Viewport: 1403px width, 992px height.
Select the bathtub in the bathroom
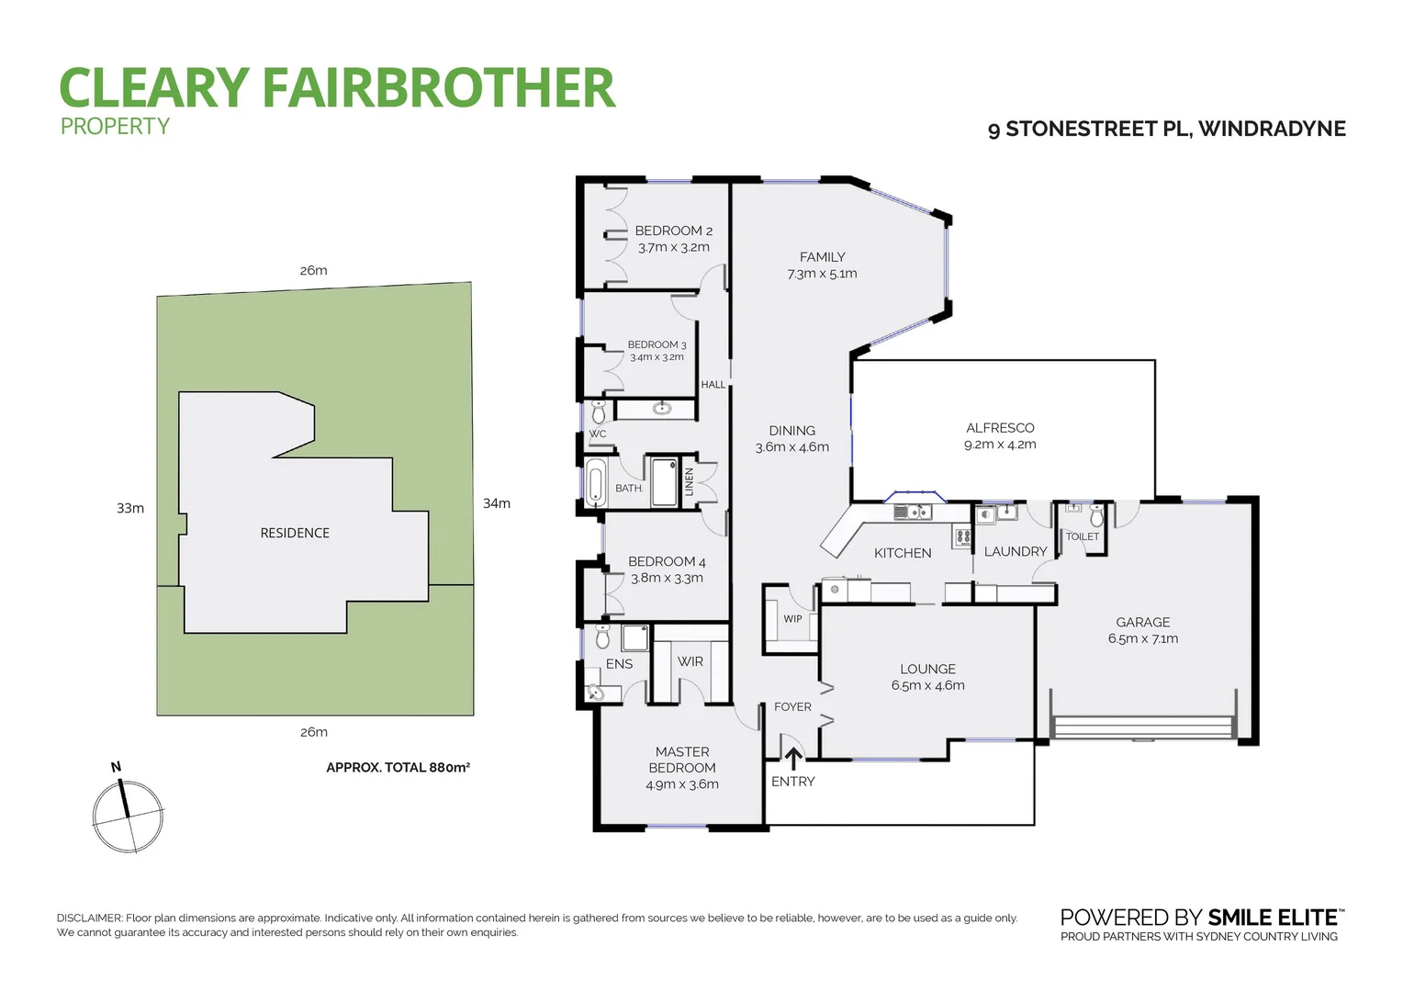596,482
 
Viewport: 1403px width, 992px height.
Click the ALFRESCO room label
1000,428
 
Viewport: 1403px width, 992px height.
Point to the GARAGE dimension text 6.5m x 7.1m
1142,638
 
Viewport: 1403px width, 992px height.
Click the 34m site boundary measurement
497,503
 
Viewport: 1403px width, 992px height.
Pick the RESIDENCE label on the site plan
295,533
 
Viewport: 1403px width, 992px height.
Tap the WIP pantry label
792,619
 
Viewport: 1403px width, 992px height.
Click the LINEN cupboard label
690,482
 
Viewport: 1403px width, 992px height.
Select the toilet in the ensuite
602,636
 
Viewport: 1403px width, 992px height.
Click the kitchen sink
913,513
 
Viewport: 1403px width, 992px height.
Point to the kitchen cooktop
962,536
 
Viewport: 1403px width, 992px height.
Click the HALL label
713,385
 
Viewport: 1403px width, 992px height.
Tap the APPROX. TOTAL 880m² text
398,767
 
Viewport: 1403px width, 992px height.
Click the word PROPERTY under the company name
115,127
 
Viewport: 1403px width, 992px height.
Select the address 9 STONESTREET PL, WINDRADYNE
1166,129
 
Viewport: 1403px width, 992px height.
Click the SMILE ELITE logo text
1272,918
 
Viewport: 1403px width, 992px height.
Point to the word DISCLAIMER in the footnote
89,918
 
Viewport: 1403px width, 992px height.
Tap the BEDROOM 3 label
657,344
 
